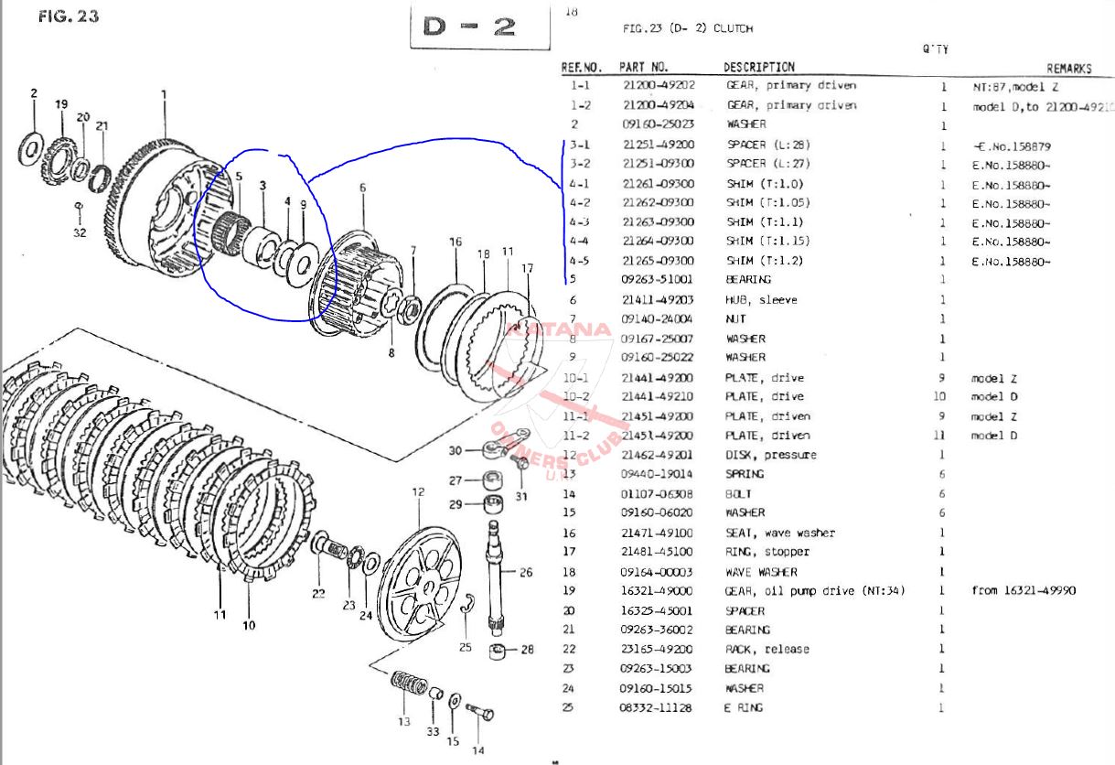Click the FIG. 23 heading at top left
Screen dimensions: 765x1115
pyautogui.click(x=69, y=16)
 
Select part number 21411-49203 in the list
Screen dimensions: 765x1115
pyautogui.click(x=658, y=300)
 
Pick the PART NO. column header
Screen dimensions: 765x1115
pyautogui.click(x=644, y=67)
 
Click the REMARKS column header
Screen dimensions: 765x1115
pyautogui.click(x=1069, y=68)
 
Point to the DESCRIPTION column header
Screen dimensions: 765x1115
pyautogui.click(x=759, y=67)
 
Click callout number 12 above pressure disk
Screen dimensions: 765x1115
pyautogui.click(x=418, y=492)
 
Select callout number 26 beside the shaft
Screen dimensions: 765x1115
pyautogui.click(x=525, y=573)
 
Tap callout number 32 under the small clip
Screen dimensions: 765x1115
pyautogui.click(x=79, y=232)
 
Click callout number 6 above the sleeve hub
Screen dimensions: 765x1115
pyautogui.click(x=362, y=188)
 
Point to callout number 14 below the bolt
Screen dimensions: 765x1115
pyautogui.click(x=477, y=751)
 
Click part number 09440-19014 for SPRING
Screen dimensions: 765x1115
pyautogui.click(x=658, y=474)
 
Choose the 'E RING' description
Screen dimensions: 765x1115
pyautogui.click(x=744, y=707)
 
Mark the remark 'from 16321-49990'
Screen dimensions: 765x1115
pyautogui.click(x=1024, y=590)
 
